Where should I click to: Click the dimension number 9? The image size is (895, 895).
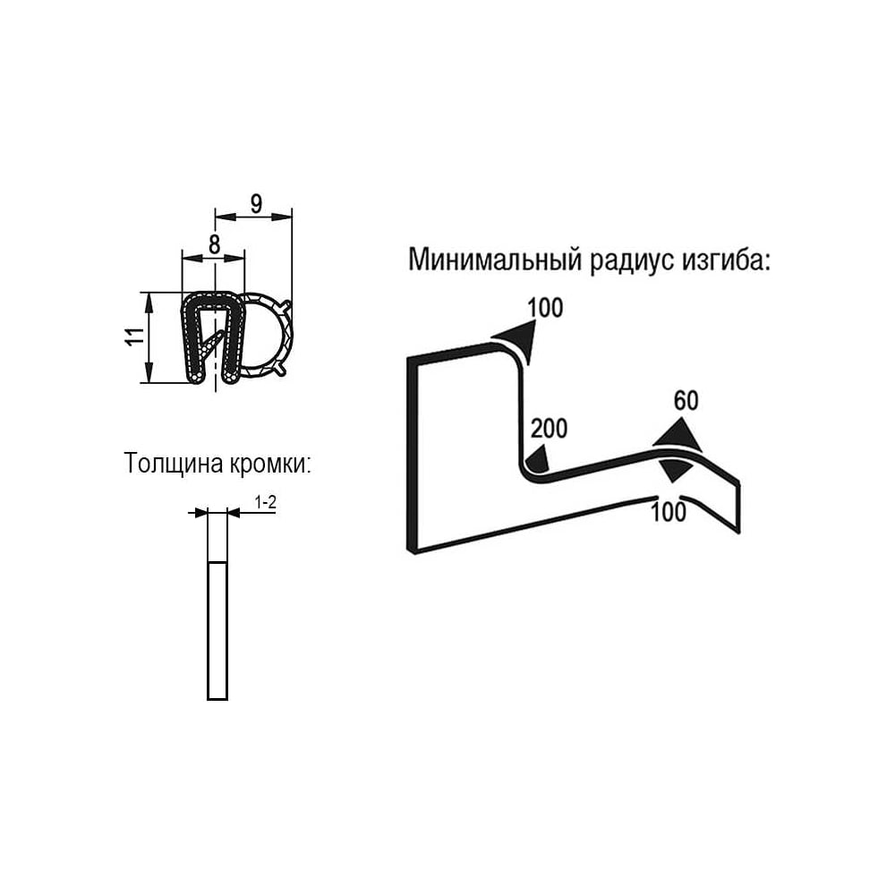[x=256, y=203]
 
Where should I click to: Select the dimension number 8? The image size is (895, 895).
[x=214, y=244]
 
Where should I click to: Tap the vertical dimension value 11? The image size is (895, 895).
[x=136, y=337]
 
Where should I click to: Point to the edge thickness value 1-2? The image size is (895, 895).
[x=266, y=502]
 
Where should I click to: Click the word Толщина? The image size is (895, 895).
[x=174, y=464]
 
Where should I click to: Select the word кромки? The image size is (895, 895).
[x=270, y=464]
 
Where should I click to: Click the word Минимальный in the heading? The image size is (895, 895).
[x=496, y=260]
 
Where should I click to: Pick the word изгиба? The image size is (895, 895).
[x=726, y=260]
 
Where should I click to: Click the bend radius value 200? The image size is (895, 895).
[x=550, y=428]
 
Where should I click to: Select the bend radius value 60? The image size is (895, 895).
[x=686, y=401]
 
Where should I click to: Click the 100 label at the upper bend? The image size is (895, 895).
[x=545, y=308]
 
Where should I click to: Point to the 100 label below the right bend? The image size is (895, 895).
[x=669, y=511]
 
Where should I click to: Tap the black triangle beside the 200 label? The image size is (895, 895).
[x=539, y=460]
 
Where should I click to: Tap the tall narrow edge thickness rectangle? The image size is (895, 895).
[x=217, y=604]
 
